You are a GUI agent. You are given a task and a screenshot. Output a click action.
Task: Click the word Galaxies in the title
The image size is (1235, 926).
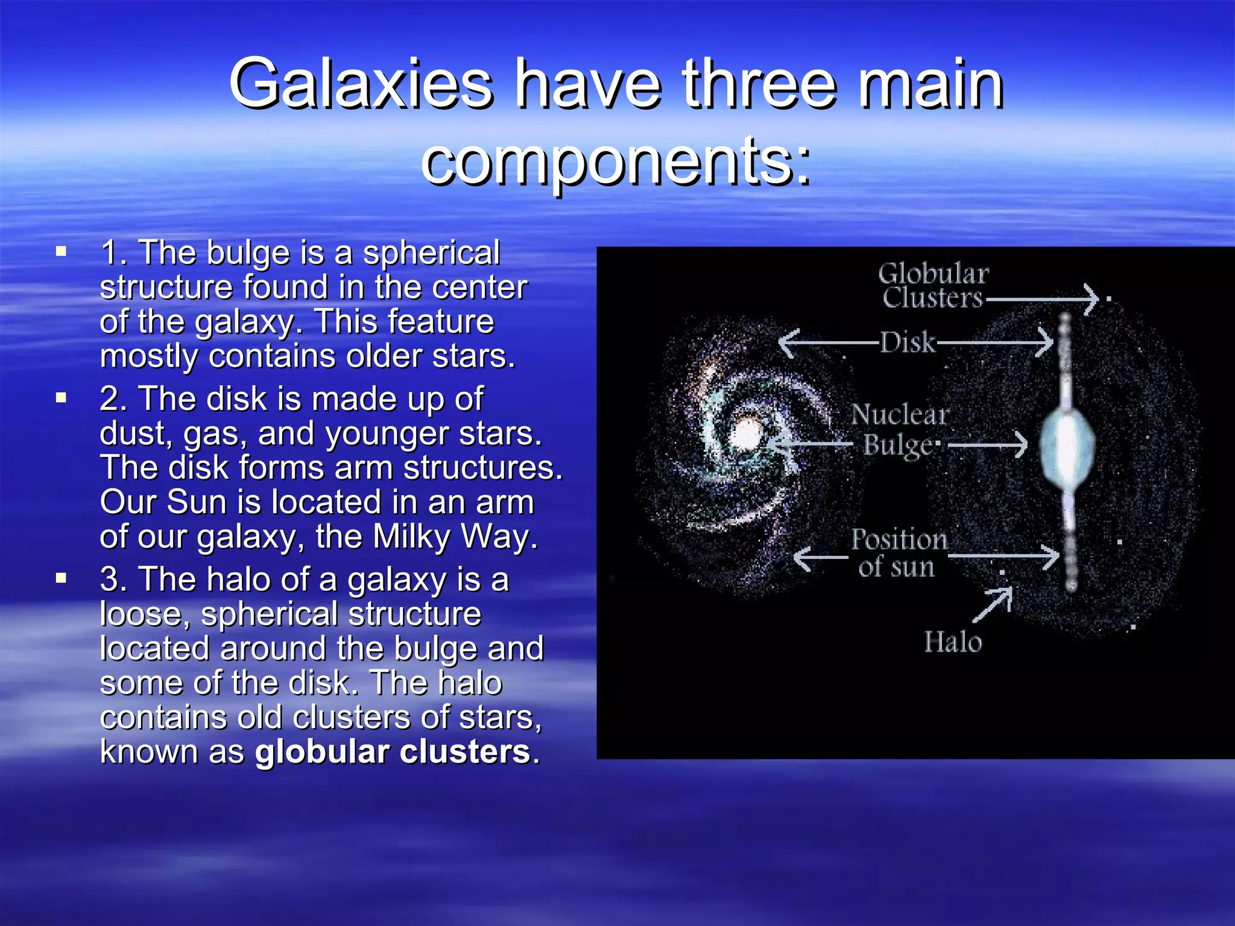(x=361, y=84)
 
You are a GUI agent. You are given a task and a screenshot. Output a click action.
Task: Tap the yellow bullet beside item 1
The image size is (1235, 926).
(x=61, y=251)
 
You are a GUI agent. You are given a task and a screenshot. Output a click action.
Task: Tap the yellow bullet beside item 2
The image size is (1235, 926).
(x=61, y=398)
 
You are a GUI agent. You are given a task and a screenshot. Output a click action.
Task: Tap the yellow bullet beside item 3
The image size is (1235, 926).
(x=61, y=578)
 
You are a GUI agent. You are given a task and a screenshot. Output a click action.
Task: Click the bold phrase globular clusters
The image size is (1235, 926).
(x=393, y=752)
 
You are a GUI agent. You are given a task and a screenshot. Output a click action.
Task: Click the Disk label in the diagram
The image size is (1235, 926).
(x=907, y=342)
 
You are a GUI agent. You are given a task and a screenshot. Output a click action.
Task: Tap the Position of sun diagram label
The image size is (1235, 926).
(x=899, y=553)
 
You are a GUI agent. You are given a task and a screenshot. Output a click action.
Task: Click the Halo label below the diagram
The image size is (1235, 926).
(x=953, y=642)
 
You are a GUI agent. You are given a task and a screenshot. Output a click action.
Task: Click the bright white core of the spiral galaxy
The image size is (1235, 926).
(x=748, y=433)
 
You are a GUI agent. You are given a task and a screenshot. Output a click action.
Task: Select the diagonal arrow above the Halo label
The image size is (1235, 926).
(x=993, y=604)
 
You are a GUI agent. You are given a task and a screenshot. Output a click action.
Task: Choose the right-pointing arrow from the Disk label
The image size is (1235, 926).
(x=995, y=342)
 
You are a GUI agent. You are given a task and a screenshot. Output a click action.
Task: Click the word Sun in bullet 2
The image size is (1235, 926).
(x=195, y=502)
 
